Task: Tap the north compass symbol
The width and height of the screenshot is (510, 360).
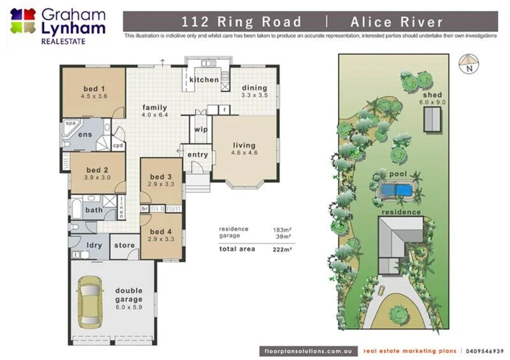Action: click(469, 63)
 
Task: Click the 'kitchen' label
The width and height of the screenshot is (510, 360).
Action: click(204, 80)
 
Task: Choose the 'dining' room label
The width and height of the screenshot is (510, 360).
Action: click(254, 87)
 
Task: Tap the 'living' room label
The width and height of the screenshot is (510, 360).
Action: click(244, 145)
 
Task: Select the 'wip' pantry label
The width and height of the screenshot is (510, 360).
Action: click(200, 130)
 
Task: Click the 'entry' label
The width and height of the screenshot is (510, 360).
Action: click(198, 155)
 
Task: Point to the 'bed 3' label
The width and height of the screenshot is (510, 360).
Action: click(161, 176)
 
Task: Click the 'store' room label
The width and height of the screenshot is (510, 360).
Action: click(124, 244)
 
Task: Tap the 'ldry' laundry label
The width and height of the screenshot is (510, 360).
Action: click(94, 245)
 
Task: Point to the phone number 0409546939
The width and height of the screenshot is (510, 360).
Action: click(485, 350)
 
